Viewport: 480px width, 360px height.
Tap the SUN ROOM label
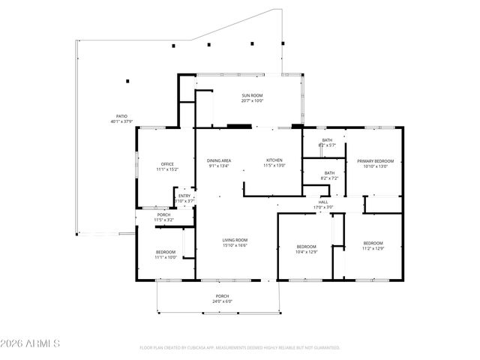252,95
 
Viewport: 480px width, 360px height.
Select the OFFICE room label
167,164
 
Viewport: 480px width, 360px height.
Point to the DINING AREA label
219,160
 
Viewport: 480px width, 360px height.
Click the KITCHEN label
274,160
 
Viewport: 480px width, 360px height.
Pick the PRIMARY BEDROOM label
375,160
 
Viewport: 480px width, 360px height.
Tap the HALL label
323,201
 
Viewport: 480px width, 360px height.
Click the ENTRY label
184,196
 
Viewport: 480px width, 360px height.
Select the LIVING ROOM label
235,240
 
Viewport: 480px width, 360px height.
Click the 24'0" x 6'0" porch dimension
223,301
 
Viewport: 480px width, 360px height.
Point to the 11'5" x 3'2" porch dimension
163,220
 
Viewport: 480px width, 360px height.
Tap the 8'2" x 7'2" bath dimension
330,178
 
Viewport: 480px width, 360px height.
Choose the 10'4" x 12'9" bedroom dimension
306,251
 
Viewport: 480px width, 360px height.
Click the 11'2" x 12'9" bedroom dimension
373,248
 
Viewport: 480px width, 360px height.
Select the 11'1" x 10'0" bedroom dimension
166,256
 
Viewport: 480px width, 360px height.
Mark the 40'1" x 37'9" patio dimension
121,121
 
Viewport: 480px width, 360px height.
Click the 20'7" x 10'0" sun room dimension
252,100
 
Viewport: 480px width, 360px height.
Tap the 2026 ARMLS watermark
31,343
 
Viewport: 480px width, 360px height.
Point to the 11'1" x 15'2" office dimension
167,169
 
